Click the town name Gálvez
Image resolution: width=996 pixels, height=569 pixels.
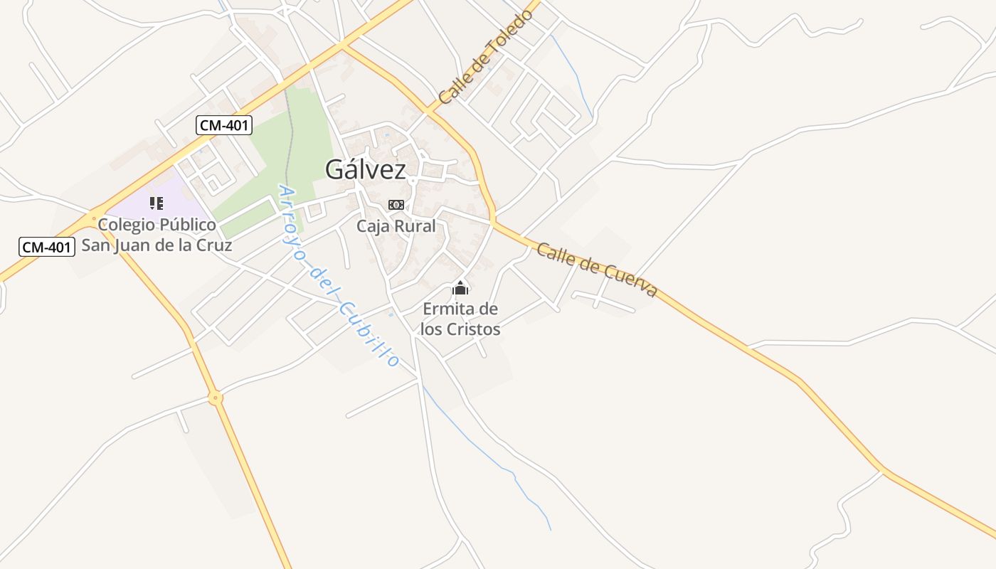366,169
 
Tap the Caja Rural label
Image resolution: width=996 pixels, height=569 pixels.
396,226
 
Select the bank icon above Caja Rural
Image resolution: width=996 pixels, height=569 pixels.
396,205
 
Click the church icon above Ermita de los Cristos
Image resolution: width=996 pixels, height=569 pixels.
460,289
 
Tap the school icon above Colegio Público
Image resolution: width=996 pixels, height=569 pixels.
157,203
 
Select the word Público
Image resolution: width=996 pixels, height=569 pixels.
189,225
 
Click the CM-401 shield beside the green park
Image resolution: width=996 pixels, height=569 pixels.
224,126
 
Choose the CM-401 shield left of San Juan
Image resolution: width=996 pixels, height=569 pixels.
46,247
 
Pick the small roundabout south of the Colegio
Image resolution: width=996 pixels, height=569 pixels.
216,398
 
